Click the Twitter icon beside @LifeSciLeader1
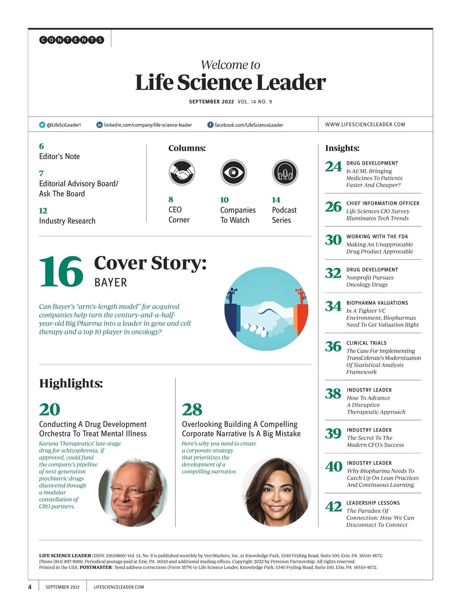(42, 125)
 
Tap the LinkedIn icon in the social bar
(99, 125)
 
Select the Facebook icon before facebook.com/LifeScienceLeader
(211, 125)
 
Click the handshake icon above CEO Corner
(182, 173)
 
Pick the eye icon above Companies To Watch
(233, 173)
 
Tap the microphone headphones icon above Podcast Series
(285, 173)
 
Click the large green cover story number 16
(61, 272)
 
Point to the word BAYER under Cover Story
(111, 283)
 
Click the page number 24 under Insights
(333, 167)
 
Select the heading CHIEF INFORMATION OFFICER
(383, 203)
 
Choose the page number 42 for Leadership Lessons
(333, 507)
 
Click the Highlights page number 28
(192, 410)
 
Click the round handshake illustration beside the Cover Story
(266, 309)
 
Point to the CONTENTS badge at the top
(71, 40)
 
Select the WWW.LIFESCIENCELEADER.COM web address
(365, 125)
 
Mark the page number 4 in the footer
(30, 587)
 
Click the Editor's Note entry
(60, 156)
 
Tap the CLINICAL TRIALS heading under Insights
(366, 343)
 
